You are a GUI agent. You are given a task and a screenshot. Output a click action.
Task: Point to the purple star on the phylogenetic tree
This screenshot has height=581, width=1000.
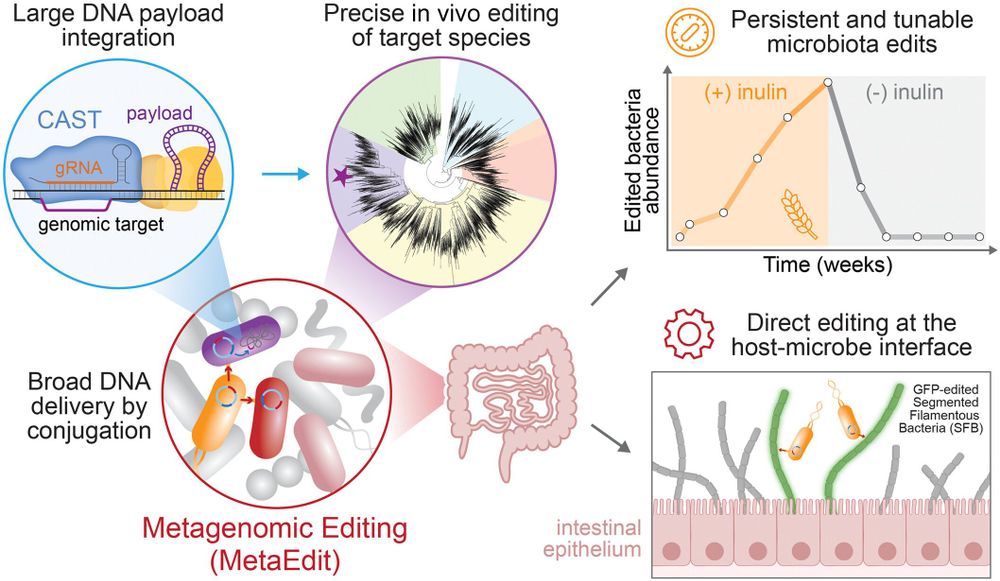pos(341,176)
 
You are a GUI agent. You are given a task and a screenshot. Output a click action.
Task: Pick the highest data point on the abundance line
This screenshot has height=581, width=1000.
pos(828,84)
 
